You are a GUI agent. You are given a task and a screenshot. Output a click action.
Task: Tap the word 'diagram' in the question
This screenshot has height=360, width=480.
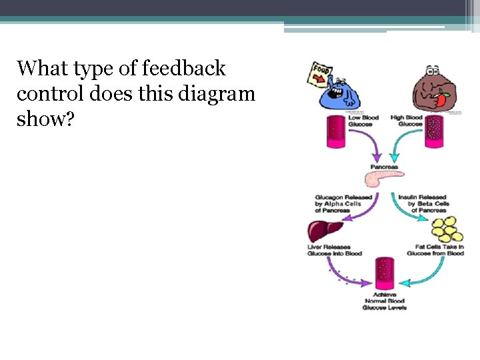pyautogui.click(x=216, y=93)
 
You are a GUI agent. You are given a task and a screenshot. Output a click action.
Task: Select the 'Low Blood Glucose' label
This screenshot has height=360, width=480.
pyautogui.click(x=363, y=121)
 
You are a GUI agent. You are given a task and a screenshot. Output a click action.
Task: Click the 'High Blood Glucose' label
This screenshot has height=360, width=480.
pyautogui.click(x=406, y=121)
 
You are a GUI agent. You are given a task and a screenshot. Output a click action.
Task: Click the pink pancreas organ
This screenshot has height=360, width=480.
pyautogui.click(x=384, y=179)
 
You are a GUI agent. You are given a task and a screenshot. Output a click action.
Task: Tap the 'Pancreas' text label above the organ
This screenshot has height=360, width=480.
pyautogui.click(x=384, y=167)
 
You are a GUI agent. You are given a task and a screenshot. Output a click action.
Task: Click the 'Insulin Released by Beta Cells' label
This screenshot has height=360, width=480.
pyautogui.click(x=423, y=203)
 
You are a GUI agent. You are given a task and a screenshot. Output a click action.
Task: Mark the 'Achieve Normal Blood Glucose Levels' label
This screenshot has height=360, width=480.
pyautogui.click(x=385, y=301)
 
